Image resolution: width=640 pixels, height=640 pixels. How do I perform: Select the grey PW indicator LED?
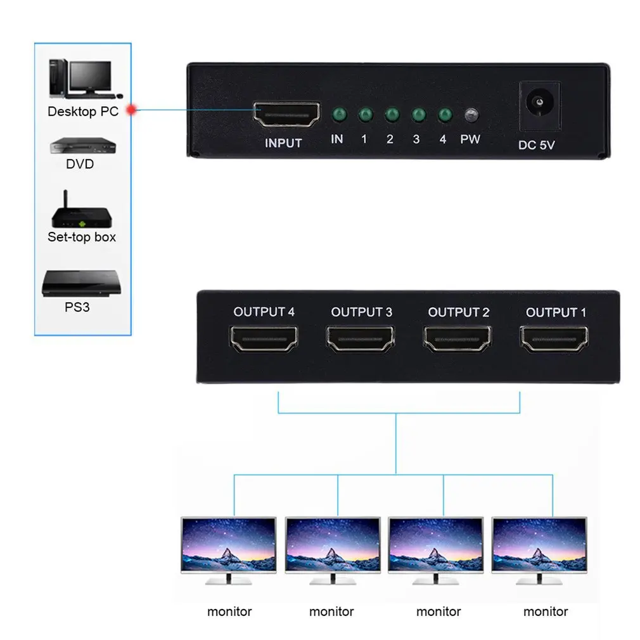click(x=470, y=116)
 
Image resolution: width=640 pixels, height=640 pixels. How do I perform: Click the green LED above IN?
click(x=338, y=115)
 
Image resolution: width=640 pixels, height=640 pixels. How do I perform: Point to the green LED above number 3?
click(x=418, y=115)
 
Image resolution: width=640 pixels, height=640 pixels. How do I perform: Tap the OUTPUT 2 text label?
click(x=459, y=312)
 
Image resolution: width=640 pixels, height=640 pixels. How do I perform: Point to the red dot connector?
click(x=132, y=110)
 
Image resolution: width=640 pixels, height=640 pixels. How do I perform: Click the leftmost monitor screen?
click(x=228, y=545)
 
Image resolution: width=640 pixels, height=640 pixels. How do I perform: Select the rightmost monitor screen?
click(x=539, y=545)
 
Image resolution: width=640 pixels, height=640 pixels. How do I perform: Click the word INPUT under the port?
click(x=283, y=143)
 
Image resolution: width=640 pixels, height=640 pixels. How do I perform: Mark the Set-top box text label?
click(x=82, y=237)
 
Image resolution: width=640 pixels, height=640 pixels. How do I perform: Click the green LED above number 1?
click(x=364, y=115)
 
